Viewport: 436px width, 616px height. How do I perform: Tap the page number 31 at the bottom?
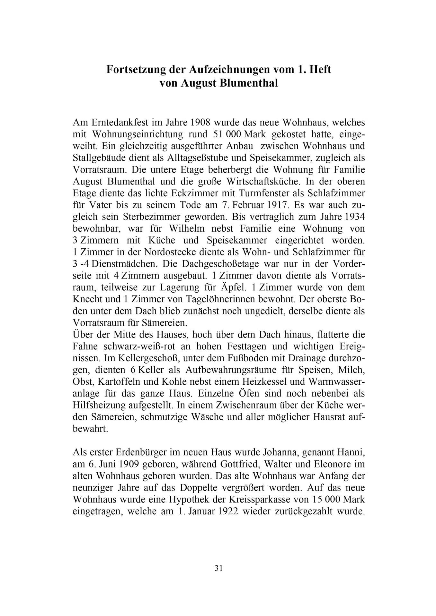(218, 568)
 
